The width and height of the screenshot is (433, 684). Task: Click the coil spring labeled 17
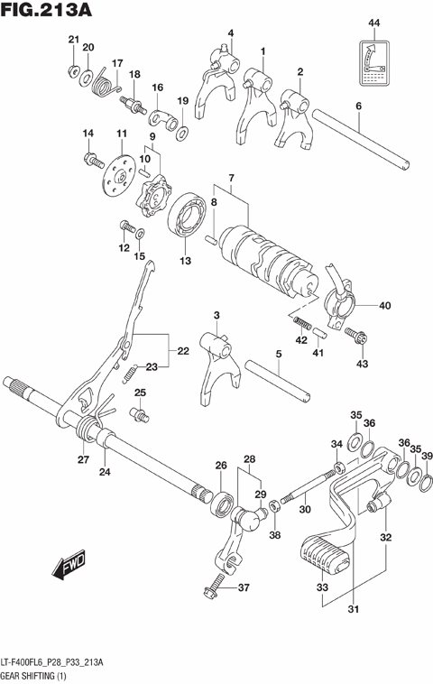(x=106, y=86)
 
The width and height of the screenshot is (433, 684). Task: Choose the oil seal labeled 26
(x=220, y=504)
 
